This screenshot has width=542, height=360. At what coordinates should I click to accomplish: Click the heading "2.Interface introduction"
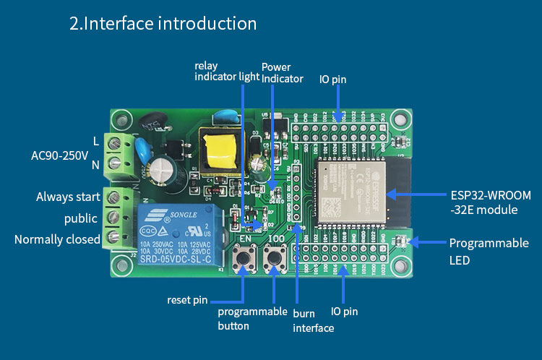[x=163, y=23]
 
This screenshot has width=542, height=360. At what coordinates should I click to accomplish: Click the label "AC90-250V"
[x=59, y=155]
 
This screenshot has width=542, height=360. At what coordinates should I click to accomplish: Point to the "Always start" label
[x=68, y=197]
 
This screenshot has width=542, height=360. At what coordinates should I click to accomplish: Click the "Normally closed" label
[x=57, y=239]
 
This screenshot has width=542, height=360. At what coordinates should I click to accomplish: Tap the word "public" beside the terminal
[x=80, y=218]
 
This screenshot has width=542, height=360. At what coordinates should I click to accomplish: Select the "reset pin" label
[x=187, y=299]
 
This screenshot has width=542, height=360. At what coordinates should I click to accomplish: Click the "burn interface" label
[x=313, y=321]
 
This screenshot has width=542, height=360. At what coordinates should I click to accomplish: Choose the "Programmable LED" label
[x=489, y=250]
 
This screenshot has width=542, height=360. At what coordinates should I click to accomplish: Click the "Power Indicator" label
[x=282, y=73]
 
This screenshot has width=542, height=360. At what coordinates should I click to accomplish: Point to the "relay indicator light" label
[x=227, y=72]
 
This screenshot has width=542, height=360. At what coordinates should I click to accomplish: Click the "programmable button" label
[x=252, y=319]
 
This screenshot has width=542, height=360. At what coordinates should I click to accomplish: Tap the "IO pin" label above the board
[x=332, y=79]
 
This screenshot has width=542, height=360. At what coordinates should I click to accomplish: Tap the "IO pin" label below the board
[x=344, y=312]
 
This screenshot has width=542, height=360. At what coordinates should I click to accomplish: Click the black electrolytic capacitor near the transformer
[x=160, y=171]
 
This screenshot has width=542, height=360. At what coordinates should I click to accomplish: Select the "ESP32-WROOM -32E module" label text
[x=491, y=203]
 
